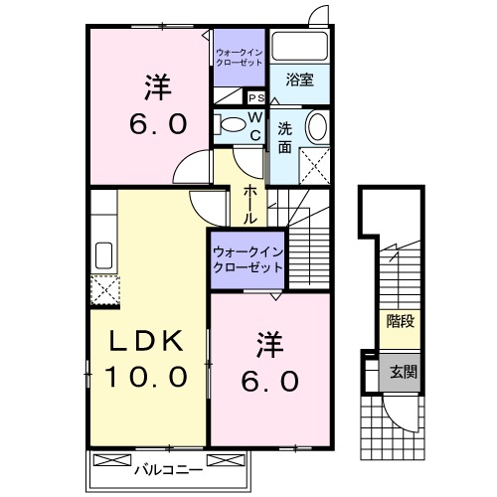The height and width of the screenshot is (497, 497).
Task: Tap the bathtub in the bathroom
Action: pyautogui.click(x=299, y=47)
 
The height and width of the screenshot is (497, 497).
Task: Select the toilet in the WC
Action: pyautogui.click(x=231, y=124)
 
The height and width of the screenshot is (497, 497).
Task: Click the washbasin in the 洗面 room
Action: pyautogui.click(x=316, y=127)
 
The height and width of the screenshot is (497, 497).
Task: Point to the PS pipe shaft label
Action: pyautogui.click(x=255, y=97)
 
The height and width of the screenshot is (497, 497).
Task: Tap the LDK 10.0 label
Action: pyautogui.click(x=148, y=361)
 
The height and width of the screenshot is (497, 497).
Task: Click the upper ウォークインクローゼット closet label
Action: pyautogui.click(x=239, y=56)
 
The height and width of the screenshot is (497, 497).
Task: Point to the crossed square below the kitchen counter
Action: pyautogui.click(x=103, y=289)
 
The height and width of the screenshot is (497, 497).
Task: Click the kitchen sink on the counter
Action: pyautogui.click(x=101, y=255)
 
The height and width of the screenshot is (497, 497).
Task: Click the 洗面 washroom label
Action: pyautogui.click(x=284, y=138)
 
